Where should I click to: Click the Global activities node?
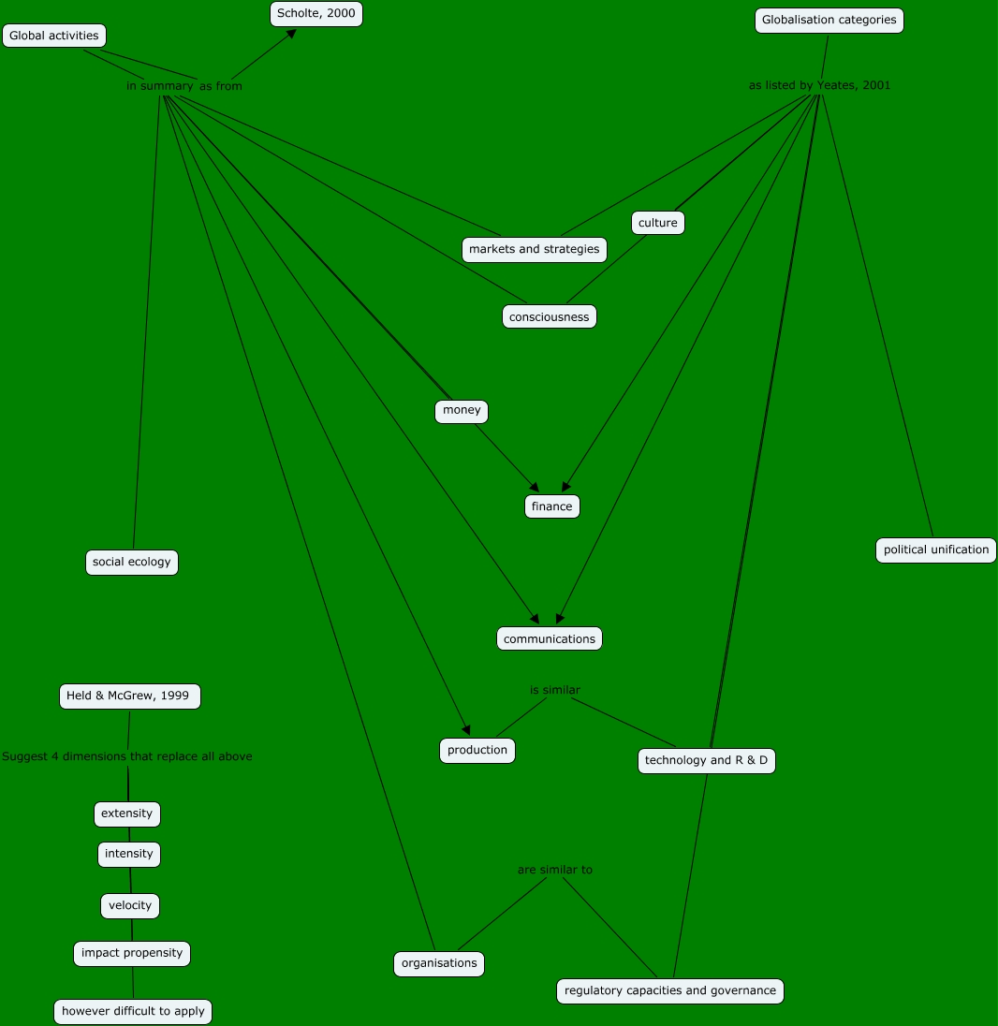[x=53, y=36]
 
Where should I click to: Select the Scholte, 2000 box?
[x=316, y=14]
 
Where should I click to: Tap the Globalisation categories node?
[x=829, y=20]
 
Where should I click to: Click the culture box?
[x=657, y=223]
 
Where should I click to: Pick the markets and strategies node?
[x=534, y=249]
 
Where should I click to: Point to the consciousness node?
[x=549, y=316]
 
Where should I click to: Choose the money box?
[x=462, y=411]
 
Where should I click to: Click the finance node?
[x=551, y=506]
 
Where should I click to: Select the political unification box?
[x=935, y=550]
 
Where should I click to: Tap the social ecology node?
[x=131, y=562]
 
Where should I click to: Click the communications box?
[x=549, y=638]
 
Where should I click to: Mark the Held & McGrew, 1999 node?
[x=129, y=696]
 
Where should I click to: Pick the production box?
[x=477, y=750]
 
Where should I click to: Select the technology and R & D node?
[x=706, y=760]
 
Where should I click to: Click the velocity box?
[x=130, y=905]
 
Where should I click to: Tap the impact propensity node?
[x=132, y=953]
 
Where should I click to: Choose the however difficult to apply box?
[x=133, y=1011]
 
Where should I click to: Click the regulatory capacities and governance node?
[x=669, y=990]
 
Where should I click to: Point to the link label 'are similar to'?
[x=554, y=870]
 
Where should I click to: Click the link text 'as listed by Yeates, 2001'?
[x=819, y=85]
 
